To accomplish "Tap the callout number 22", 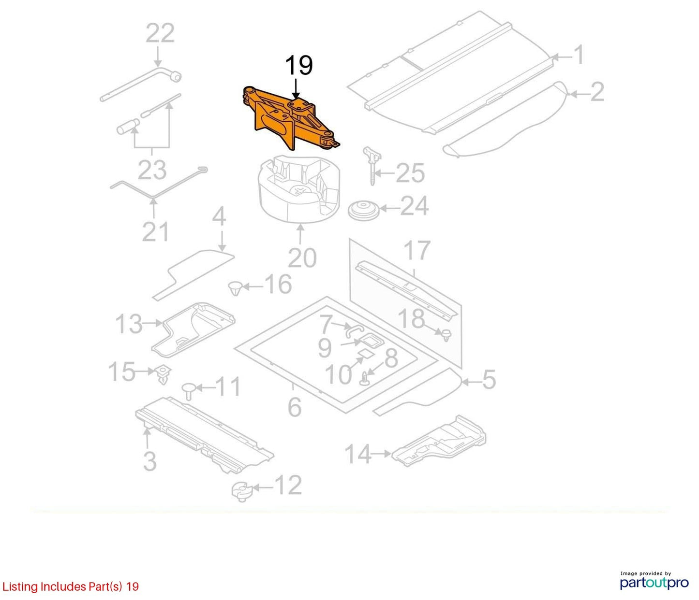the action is pos(160,33).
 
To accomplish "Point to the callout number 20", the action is pos(302,258).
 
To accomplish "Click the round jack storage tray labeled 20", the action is pos(299,189).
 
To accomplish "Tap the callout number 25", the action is pos(410,173).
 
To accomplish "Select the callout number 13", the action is pos(129,324).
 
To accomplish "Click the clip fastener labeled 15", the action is pos(164,375).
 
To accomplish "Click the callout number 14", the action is pos(358,454).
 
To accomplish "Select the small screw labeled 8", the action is pos(365,378).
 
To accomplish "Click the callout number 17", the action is pos(417,250).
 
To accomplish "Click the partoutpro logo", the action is pos(654,582).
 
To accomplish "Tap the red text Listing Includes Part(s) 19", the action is pos(70,586).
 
